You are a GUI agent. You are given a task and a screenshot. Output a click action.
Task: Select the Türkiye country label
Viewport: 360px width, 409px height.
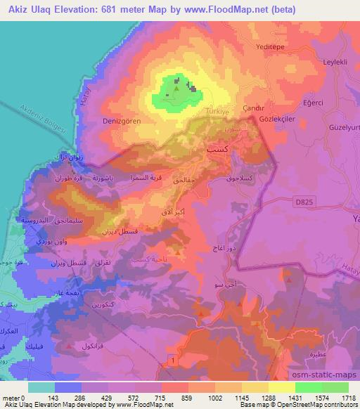pos(219,111)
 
